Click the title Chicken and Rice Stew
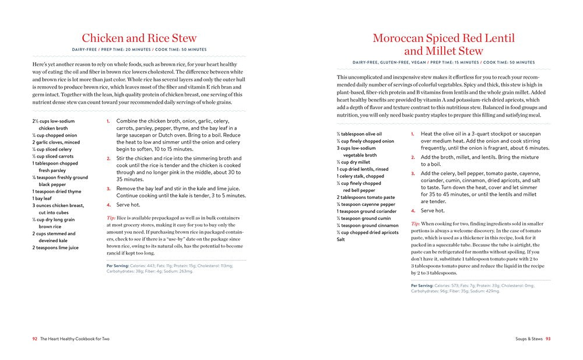[139, 39]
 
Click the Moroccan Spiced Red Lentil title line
[444, 39]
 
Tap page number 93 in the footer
[547, 338]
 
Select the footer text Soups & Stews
[529, 338]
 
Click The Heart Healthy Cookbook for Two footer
[75, 338]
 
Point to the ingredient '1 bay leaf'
[42, 198]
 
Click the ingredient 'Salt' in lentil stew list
[340, 239]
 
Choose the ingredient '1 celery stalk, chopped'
[360, 176]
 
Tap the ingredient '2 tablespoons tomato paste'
[366, 197]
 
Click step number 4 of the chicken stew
[108, 205]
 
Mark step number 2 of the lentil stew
[413, 158]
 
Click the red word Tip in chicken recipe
[111, 218]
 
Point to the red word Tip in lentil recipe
[415, 223]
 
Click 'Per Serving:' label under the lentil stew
[422, 285]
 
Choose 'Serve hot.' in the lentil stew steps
[433, 211]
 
